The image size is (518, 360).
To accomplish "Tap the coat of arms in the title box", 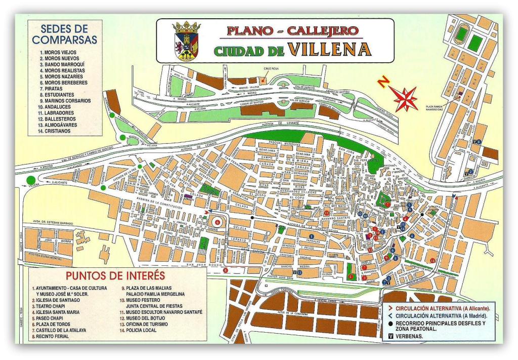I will point(186,41).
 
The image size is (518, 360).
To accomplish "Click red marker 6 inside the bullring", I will point(218,222).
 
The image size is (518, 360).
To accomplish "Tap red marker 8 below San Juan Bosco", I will point(226,270).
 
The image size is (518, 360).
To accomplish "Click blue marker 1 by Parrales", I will point(311,235).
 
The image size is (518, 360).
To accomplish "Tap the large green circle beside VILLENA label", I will point(32,180).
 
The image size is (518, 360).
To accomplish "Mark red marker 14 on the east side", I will point(433,260).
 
